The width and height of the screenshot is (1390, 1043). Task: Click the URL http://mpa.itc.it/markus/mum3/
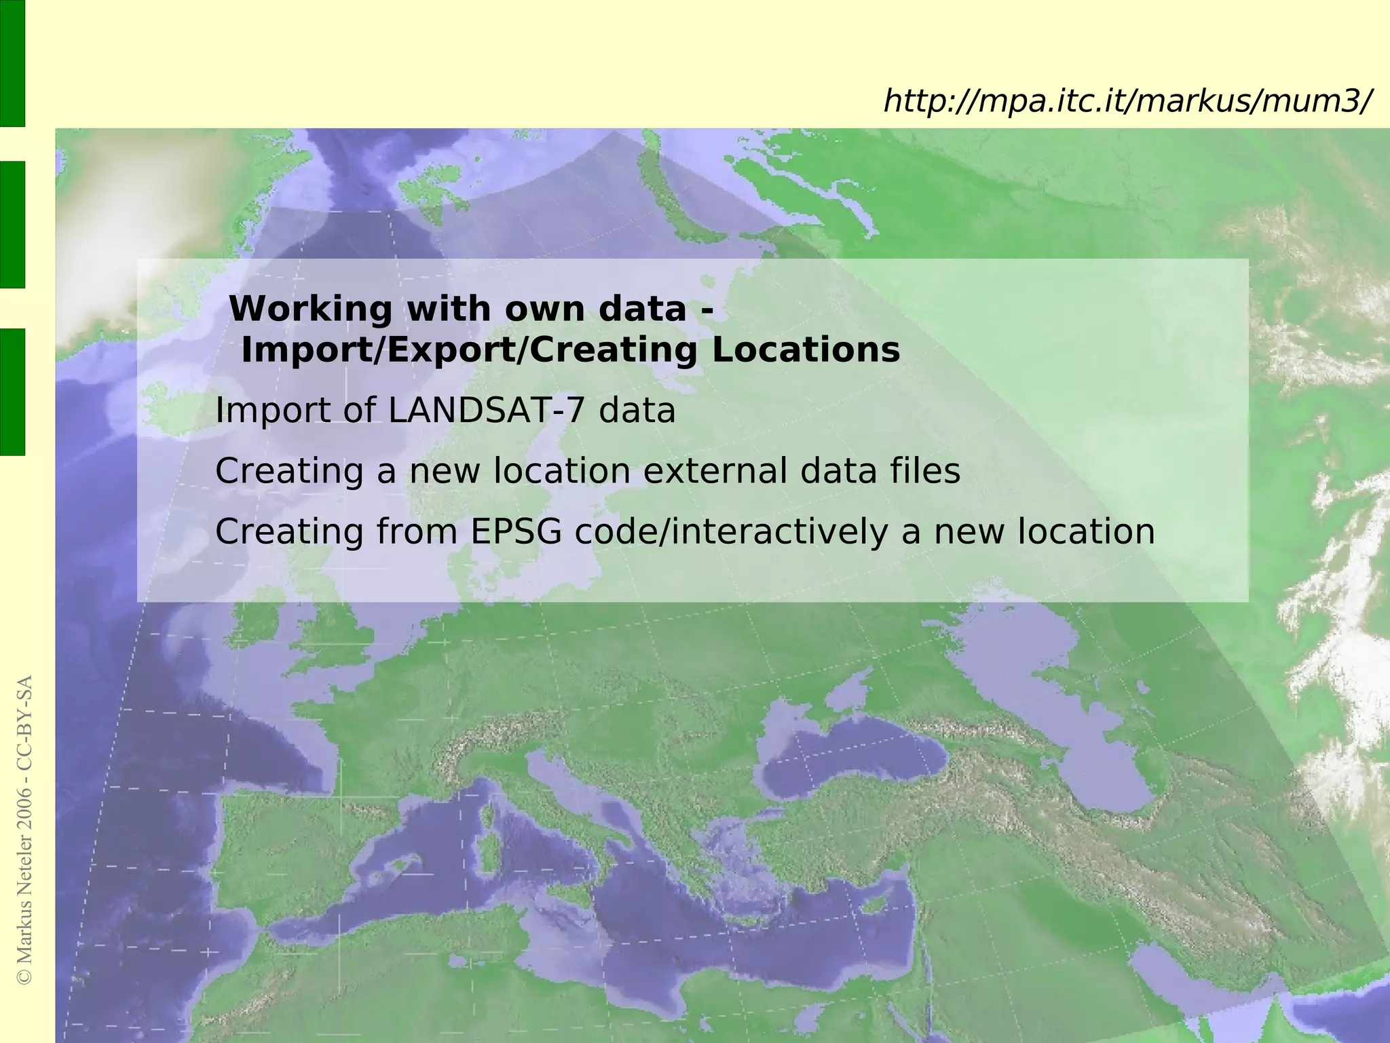click(x=1127, y=102)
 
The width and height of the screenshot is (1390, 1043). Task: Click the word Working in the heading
click(x=311, y=309)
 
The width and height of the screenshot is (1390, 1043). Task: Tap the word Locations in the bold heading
click(x=806, y=351)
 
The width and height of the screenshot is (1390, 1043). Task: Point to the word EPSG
click(x=516, y=531)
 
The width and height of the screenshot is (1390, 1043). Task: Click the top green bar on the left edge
click(x=12, y=62)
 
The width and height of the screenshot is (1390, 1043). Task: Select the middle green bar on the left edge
click(x=12, y=224)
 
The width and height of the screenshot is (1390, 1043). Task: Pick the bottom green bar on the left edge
click(x=12, y=392)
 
